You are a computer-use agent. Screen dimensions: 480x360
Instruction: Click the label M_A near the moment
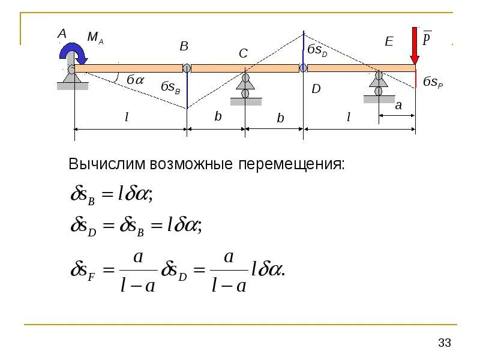click(x=95, y=38)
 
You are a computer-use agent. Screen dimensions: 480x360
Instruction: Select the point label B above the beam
click(x=184, y=46)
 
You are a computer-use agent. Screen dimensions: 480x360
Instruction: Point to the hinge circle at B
click(x=187, y=68)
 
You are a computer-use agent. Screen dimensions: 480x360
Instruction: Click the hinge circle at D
click(x=303, y=68)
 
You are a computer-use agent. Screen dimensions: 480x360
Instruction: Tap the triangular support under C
click(x=245, y=80)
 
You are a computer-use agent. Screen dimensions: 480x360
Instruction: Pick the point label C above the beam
click(x=243, y=54)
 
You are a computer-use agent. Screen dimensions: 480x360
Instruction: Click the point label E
click(x=388, y=41)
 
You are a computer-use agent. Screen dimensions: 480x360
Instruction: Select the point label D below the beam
click(x=316, y=89)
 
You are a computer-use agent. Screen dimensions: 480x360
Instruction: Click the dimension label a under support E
click(x=397, y=104)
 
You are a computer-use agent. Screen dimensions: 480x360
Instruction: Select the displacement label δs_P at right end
click(x=433, y=82)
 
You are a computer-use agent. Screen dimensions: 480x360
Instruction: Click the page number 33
click(x=445, y=343)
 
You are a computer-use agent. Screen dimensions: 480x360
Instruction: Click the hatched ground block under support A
click(x=73, y=86)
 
